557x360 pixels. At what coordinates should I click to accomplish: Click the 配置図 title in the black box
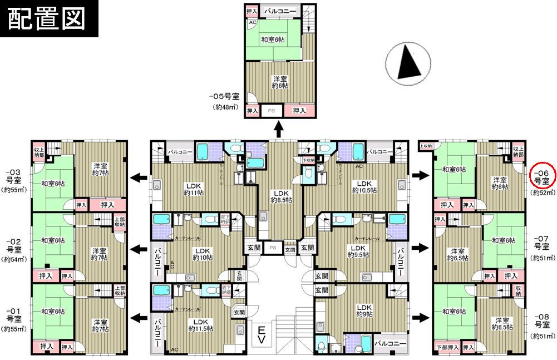point(47,18)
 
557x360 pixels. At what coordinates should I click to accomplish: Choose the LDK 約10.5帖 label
point(364,187)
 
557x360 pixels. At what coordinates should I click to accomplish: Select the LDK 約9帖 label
point(364,310)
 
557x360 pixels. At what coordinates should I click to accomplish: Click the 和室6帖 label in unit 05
point(273,40)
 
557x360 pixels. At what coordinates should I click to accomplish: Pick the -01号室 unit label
point(14,315)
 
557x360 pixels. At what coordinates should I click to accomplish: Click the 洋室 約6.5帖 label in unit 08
point(502,324)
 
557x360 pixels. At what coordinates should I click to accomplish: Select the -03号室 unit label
point(14,176)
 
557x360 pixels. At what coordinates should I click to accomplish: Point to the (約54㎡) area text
point(14,259)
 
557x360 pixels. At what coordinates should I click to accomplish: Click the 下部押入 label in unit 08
point(447,347)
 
